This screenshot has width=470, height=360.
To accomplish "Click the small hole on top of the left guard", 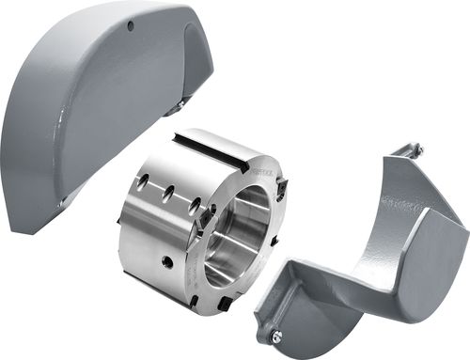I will (132, 25).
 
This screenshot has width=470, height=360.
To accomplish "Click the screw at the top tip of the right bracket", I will (416, 149).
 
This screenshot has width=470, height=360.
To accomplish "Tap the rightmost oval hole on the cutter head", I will (194, 205).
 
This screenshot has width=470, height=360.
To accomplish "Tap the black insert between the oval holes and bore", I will (201, 223).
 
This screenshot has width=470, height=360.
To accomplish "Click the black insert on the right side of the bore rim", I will (274, 243).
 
